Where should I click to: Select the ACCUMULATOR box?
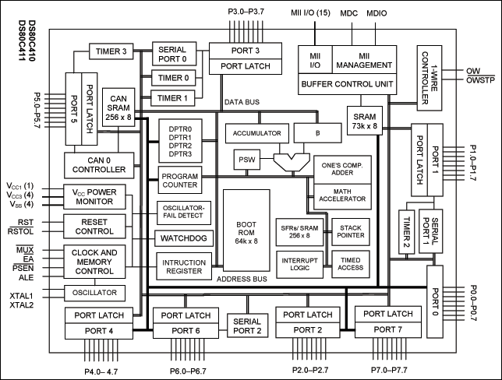[x=256, y=133]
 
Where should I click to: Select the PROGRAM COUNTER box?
[x=180, y=181]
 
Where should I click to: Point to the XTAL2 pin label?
[x=21, y=304]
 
